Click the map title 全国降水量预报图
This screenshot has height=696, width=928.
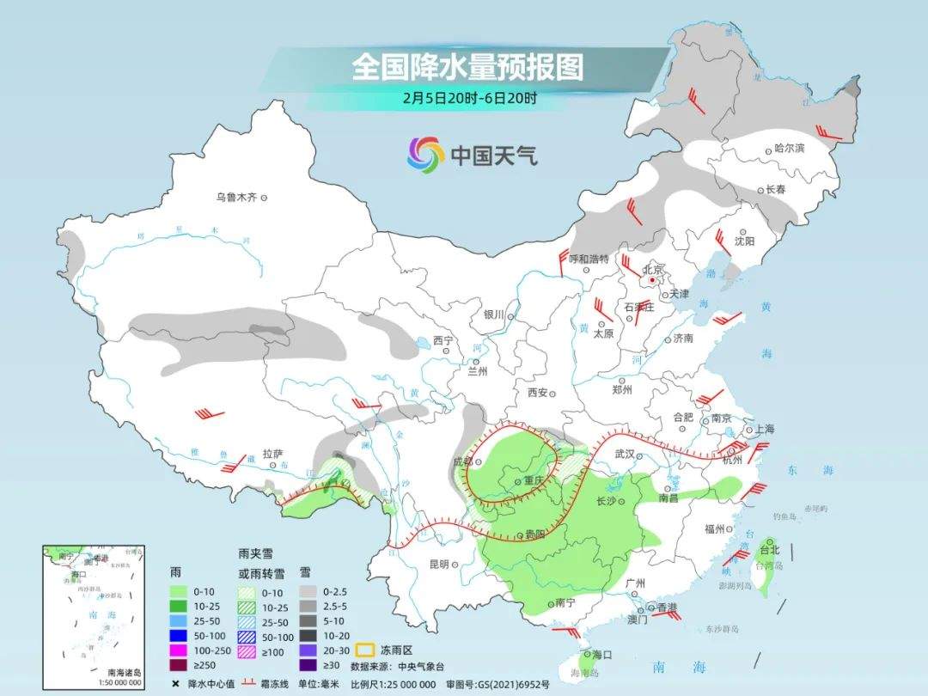coord(467,67)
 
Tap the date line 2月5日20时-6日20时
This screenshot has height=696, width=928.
coord(469,97)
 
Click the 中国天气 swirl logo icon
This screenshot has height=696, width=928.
coord(425,155)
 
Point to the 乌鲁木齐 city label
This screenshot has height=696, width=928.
coord(236,198)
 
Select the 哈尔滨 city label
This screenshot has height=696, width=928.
coord(790,148)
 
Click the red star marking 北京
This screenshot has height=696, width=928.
coord(653,279)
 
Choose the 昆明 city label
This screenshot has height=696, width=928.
coord(439,564)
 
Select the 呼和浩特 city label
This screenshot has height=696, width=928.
coord(589,259)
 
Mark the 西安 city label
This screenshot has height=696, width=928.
coord(538,393)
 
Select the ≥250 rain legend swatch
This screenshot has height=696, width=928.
coord(178,664)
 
